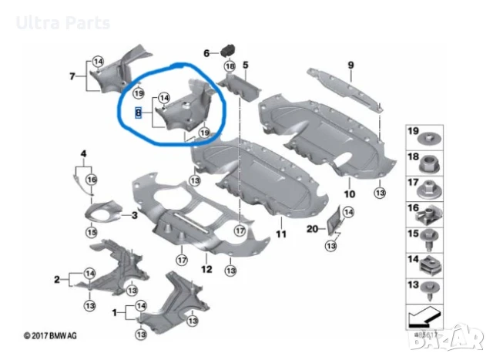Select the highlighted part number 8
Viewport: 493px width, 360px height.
[138, 113]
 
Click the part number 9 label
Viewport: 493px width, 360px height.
[350, 65]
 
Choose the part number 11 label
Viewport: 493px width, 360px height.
[280, 233]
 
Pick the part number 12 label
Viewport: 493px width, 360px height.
[206, 269]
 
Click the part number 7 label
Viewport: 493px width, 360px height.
[72, 76]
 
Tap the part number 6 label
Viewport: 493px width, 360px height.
[206, 53]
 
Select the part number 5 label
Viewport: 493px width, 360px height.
[246, 65]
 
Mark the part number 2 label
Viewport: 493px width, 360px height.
[56, 278]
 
